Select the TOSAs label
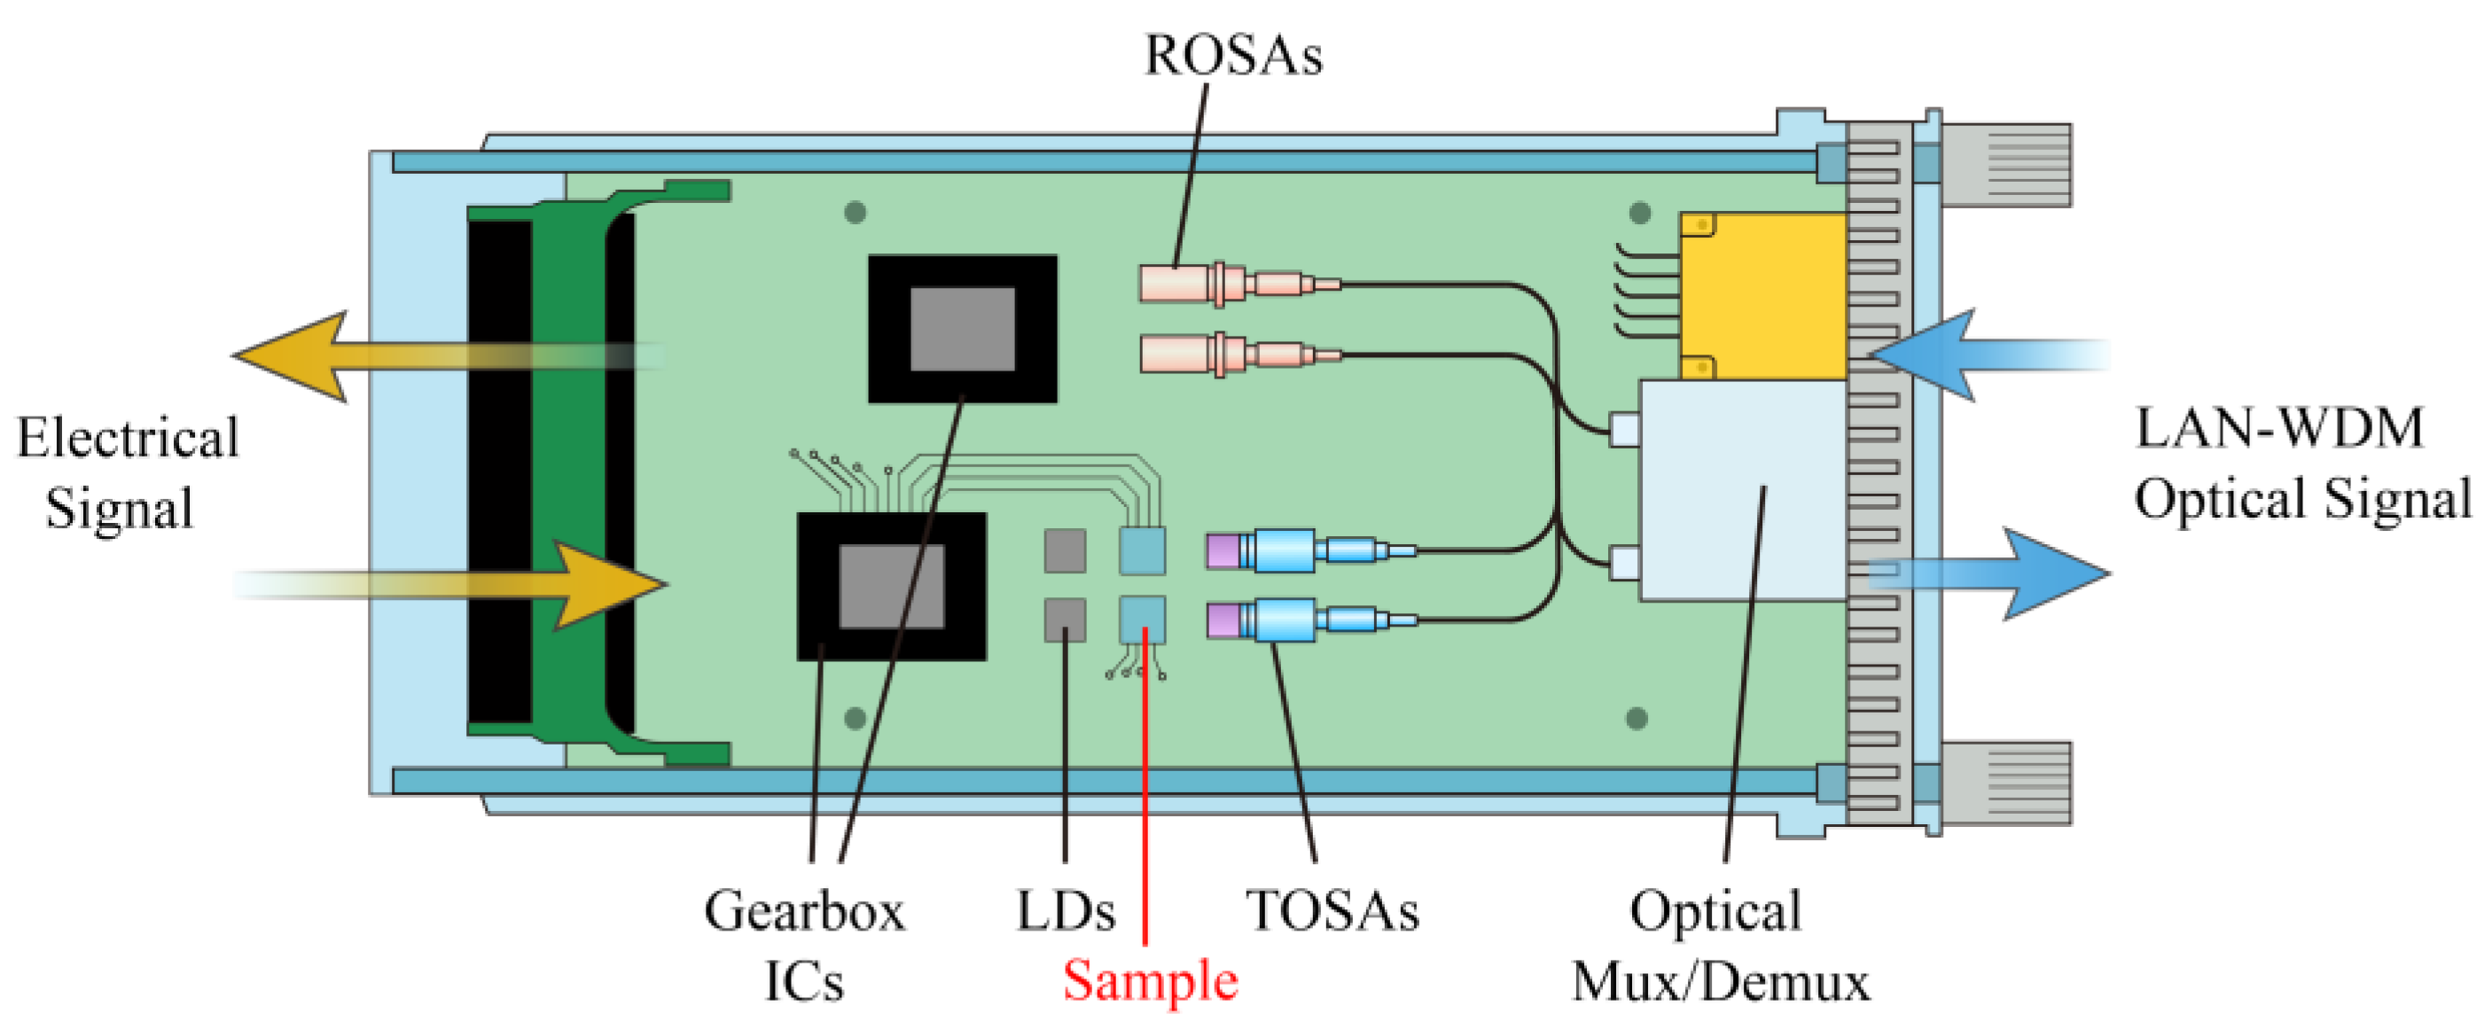[1332, 911]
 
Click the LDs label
[1064, 911]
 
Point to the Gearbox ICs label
[804, 945]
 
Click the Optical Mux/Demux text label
[1719, 946]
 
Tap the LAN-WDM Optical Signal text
[2301, 464]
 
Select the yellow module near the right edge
[1762, 296]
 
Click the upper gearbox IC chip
[962, 329]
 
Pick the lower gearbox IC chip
[891, 586]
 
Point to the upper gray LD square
[1064, 550]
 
